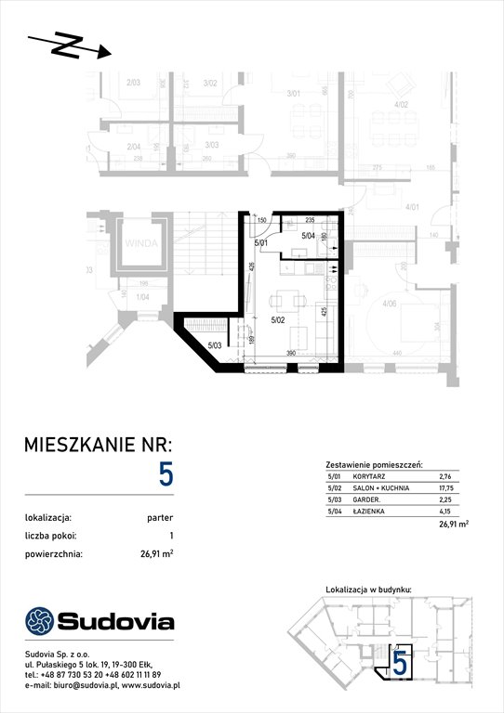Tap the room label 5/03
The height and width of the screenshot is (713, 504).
(213, 346)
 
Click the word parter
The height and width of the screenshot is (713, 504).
(159, 518)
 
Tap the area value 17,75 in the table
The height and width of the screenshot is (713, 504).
(448, 486)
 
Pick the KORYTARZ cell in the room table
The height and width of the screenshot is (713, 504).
(371, 475)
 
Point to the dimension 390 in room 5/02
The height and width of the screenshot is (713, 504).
(290, 354)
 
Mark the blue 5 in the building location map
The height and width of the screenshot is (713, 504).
(399, 662)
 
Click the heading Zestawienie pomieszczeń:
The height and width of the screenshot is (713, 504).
(375, 463)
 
